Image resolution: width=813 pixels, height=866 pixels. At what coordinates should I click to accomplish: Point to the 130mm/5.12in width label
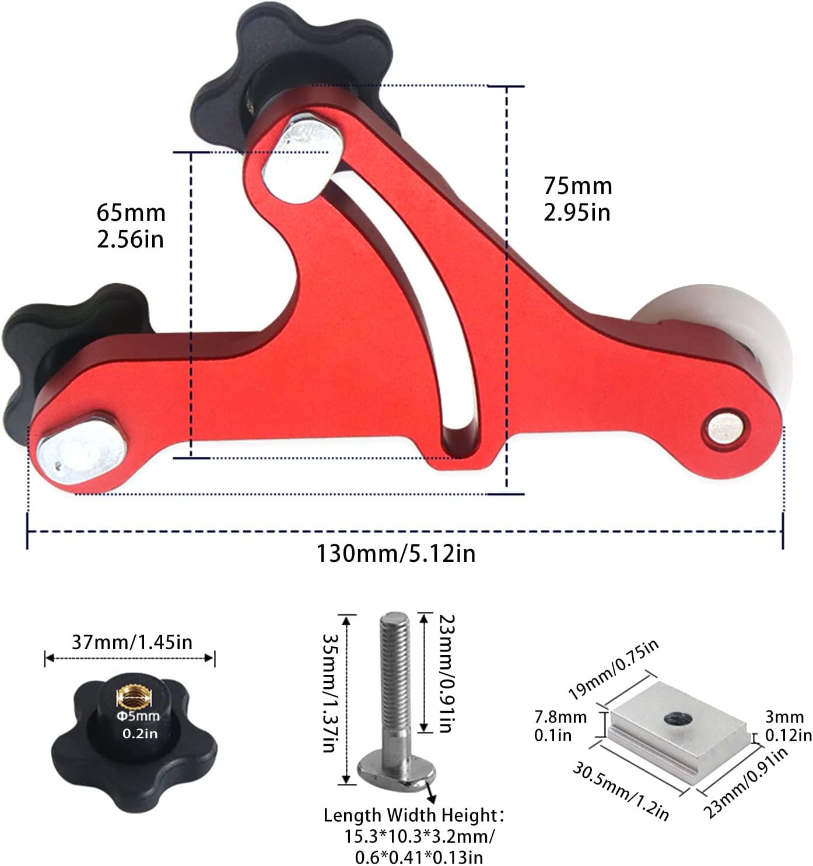(395, 554)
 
